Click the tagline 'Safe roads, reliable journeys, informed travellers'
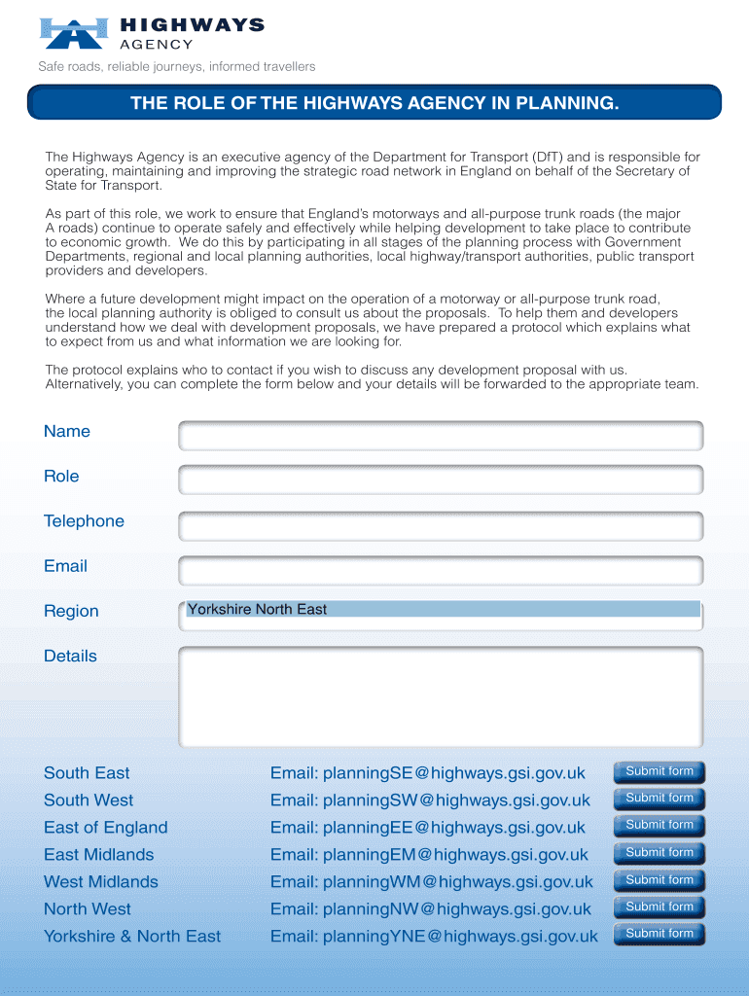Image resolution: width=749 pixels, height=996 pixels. click(x=176, y=67)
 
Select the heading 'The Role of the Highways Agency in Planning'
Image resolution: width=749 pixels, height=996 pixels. click(x=374, y=103)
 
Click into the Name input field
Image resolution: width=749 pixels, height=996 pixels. click(x=441, y=436)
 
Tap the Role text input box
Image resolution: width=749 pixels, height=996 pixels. click(x=441, y=480)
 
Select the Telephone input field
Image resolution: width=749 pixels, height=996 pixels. click(x=441, y=526)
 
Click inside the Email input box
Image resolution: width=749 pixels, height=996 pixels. click(x=441, y=571)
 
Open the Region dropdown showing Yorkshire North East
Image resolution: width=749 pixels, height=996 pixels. click(x=443, y=610)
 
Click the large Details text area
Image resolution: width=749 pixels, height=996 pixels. click(x=441, y=696)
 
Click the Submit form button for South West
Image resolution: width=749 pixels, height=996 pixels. click(x=659, y=799)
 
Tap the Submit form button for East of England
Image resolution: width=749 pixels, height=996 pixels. click(x=659, y=826)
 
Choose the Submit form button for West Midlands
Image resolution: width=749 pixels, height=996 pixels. click(x=659, y=880)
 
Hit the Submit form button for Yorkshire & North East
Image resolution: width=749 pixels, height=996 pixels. click(x=659, y=935)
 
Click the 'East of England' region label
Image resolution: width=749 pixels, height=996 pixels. click(x=105, y=828)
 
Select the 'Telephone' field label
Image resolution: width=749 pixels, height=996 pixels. click(x=84, y=521)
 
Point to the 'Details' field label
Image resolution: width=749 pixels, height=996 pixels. click(x=70, y=657)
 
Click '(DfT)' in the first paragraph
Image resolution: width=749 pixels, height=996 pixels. click(x=546, y=158)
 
